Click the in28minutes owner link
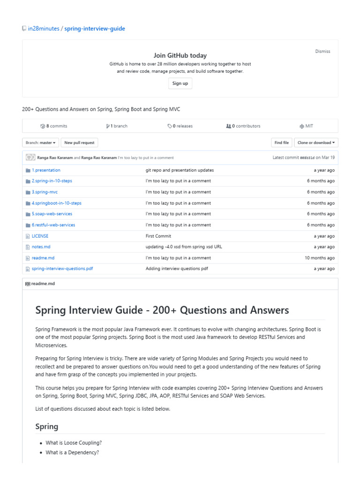click(44, 29)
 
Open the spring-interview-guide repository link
click(95, 29)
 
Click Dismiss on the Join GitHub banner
click(322, 52)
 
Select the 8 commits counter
click(54, 126)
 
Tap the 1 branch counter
click(117, 126)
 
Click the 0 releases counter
click(180, 126)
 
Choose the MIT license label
click(307, 126)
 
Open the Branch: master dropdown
click(41, 142)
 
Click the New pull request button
click(79, 142)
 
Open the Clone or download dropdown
click(316, 142)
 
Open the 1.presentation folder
click(46, 170)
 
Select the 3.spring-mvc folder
click(45, 192)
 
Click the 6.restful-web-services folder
click(53, 225)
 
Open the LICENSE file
click(40, 236)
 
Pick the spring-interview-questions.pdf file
click(62, 269)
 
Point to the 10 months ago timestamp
click(319, 258)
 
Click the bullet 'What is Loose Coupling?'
click(74, 443)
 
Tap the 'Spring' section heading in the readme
click(47, 427)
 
